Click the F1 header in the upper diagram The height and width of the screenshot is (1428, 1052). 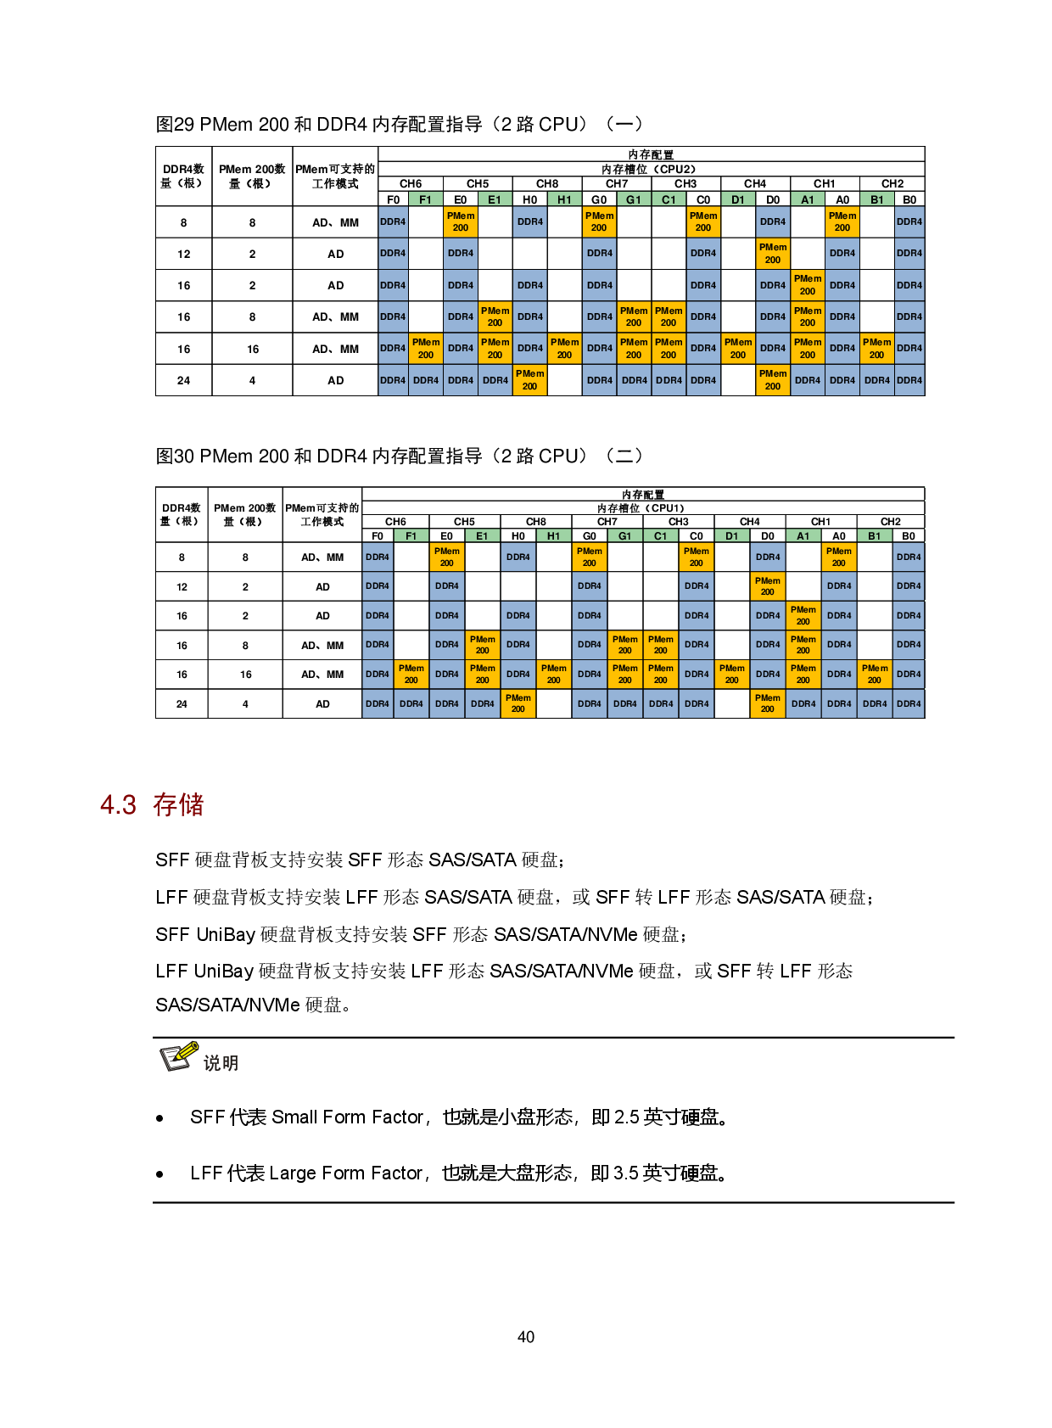point(425,199)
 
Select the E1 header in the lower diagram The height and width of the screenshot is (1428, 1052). point(482,535)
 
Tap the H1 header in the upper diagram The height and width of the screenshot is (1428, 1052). point(564,199)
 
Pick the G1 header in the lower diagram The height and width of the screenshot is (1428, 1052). point(624,535)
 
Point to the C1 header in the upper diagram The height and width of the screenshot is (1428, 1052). point(669,199)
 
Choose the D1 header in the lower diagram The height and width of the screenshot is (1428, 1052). point(731,535)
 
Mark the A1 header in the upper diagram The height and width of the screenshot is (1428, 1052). point(808,199)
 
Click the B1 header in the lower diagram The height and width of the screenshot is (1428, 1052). point(874,535)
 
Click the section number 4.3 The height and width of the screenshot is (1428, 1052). point(118,804)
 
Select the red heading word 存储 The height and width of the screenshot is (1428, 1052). point(178,804)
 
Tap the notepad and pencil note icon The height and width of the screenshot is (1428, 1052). point(179,1056)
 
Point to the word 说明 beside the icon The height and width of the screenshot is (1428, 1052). point(221,1063)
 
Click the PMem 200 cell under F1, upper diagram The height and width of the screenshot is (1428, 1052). point(426,349)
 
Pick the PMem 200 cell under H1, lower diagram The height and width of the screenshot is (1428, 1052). point(553,675)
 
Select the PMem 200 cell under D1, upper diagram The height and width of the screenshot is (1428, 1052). point(738,349)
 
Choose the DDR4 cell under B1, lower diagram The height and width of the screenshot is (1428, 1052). point(874,703)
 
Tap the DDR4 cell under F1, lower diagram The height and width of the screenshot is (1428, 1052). point(411,703)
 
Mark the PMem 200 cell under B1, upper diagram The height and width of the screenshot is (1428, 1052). point(876,349)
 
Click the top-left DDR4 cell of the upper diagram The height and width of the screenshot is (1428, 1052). point(393,221)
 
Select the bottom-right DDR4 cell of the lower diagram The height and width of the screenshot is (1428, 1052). point(909,703)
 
